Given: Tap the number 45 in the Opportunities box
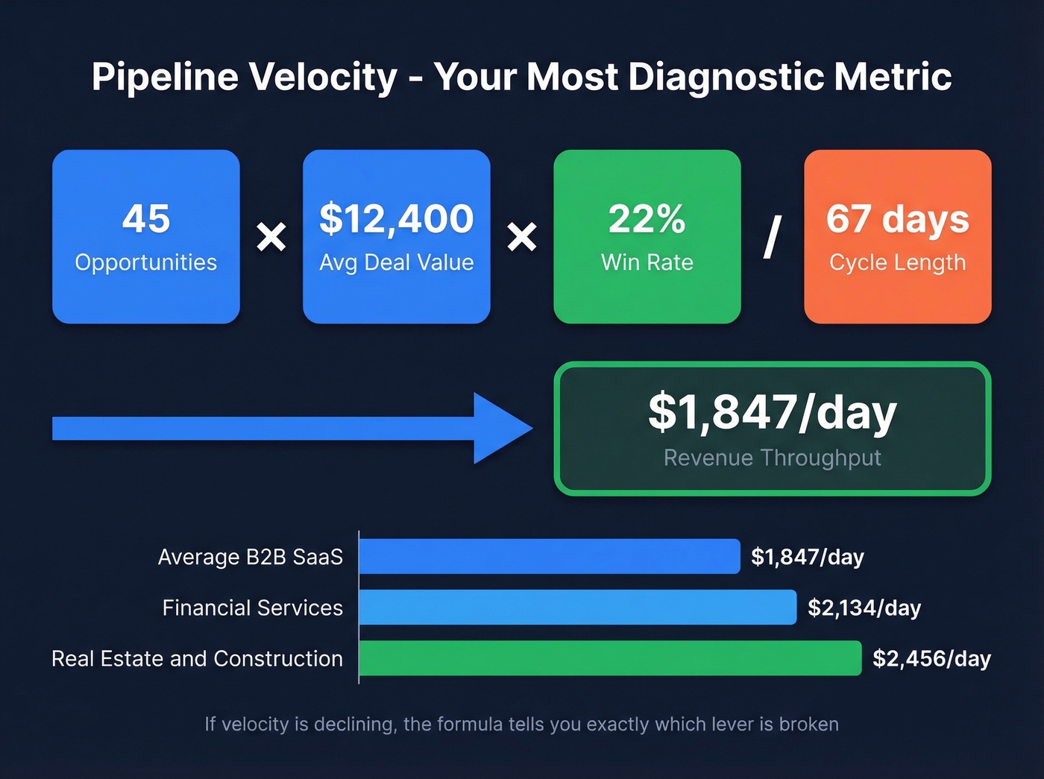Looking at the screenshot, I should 146,218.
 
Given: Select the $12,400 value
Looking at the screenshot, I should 397,218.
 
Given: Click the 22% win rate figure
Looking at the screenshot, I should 647,218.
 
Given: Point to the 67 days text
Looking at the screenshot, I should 897,218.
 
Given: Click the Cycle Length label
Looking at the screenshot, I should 897,262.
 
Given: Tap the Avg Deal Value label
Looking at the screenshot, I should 397,262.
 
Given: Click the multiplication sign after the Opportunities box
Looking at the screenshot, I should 271,238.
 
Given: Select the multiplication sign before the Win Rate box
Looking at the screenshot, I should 522,238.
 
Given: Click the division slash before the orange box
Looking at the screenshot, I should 773,238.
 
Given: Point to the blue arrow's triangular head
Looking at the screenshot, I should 500,429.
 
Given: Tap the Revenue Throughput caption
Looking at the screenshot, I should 773,458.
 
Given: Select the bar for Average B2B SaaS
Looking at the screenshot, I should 550,557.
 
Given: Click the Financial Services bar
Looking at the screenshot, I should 578,608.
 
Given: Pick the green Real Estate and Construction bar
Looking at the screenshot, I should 610,658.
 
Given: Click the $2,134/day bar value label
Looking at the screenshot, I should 864,608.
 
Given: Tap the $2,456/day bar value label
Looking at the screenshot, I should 931,659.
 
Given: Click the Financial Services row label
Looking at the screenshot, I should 253,608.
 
